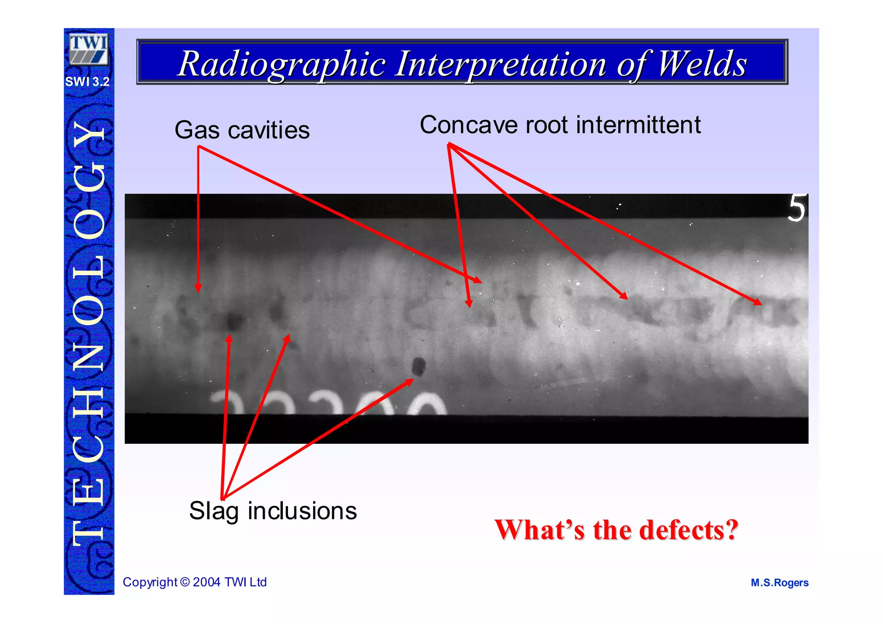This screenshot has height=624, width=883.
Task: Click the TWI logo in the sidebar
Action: tap(88, 50)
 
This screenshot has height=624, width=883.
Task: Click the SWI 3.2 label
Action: tap(88, 82)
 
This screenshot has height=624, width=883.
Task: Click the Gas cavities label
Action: tap(242, 130)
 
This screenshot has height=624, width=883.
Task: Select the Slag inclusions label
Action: tap(273, 511)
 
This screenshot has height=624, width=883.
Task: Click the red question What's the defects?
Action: tap(616, 530)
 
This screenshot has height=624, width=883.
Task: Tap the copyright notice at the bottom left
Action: tap(194, 582)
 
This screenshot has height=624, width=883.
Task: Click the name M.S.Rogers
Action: tap(780, 583)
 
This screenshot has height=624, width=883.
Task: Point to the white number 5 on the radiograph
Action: tap(797, 208)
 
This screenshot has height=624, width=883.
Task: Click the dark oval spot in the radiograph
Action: tap(418, 367)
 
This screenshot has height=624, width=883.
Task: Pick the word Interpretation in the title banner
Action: tap(501, 64)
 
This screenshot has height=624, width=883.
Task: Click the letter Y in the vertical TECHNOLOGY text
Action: tap(89, 137)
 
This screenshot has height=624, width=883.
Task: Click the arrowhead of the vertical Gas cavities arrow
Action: tap(198, 288)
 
